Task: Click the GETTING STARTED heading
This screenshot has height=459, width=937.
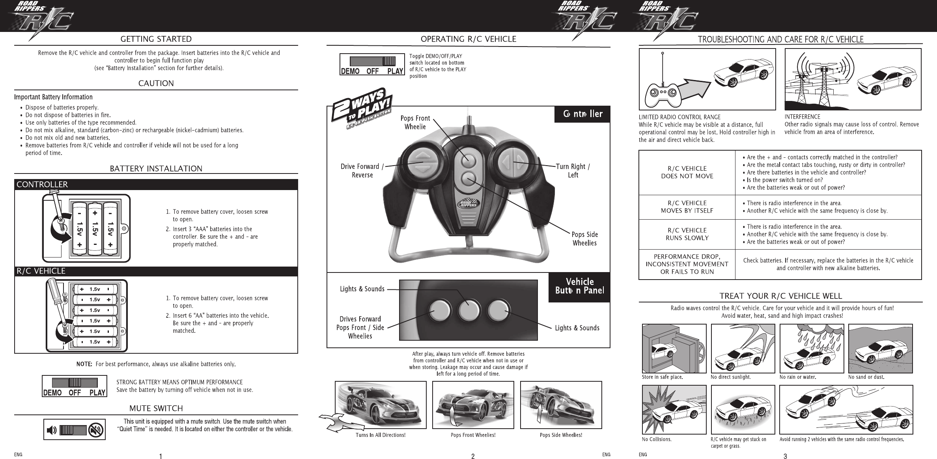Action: click(x=156, y=39)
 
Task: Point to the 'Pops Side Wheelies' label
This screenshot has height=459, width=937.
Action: click(x=584, y=239)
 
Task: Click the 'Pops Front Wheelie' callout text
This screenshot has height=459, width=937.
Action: click(x=415, y=122)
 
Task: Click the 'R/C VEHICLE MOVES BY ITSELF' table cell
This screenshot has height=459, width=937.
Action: click(x=687, y=207)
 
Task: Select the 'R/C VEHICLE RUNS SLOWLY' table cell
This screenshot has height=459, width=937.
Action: click(x=687, y=234)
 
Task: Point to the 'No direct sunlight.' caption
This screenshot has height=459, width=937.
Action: click(x=731, y=377)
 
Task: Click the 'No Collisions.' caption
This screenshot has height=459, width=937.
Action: click(x=657, y=439)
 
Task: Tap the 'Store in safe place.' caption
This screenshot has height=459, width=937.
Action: click(x=662, y=377)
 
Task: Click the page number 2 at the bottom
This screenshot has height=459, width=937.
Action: click(x=473, y=457)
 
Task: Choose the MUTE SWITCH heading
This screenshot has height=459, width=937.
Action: click(x=156, y=408)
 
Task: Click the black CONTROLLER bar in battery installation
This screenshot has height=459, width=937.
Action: click(x=156, y=185)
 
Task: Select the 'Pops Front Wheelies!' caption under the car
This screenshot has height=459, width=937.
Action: click(x=473, y=435)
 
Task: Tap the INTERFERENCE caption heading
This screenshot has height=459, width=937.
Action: click(x=802, y=117)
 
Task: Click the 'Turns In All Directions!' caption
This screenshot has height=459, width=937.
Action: click(x=381, y=435)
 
